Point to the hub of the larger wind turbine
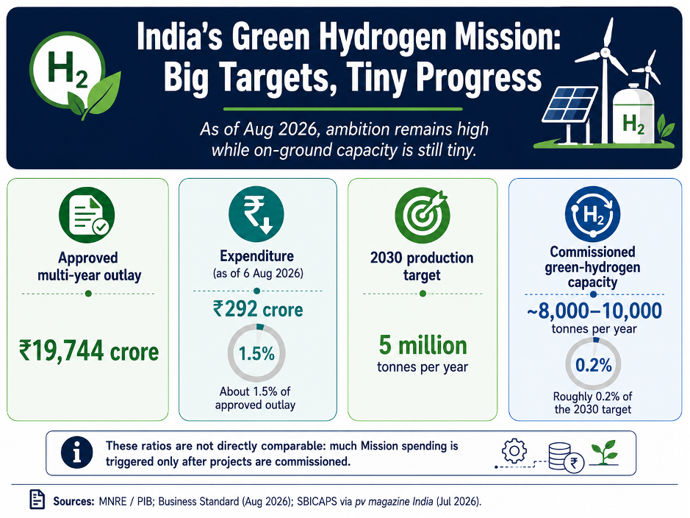click(605, 53)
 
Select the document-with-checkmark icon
click(87, 215)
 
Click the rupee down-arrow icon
click(256, 214)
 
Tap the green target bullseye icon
click(423, 215)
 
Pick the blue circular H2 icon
click(592, 213)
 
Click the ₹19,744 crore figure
click(88, 351)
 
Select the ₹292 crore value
click(258, 309)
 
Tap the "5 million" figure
click(423, 345)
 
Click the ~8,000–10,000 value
click(594, 311)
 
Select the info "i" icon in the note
click(77, 453)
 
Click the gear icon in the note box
click(514, 451)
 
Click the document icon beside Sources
click(37, 500)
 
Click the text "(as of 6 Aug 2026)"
click(258, 274)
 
